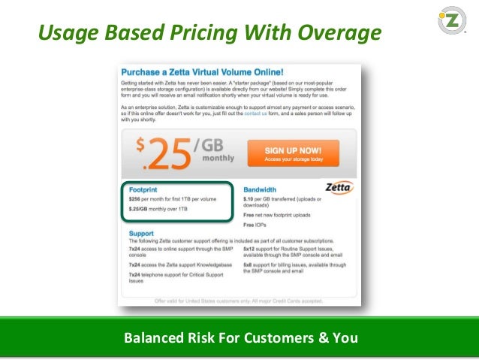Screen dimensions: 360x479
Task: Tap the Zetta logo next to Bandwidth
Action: tap(339, 187)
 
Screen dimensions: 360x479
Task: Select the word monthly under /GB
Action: tap(217, 159)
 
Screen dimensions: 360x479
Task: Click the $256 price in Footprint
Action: tap(136, 198)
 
